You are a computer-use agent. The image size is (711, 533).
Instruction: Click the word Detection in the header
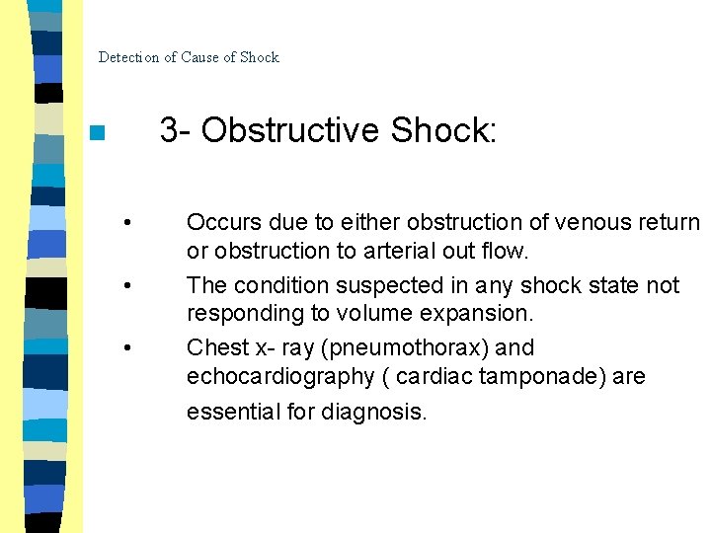click(128, 57)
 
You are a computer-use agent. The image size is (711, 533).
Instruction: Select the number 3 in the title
click(169, 130)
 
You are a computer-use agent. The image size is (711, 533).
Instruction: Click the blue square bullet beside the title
click(95, 133)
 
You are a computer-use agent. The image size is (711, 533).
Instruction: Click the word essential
click(234, 411)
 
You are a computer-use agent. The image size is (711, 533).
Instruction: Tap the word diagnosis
click(374, 411)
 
